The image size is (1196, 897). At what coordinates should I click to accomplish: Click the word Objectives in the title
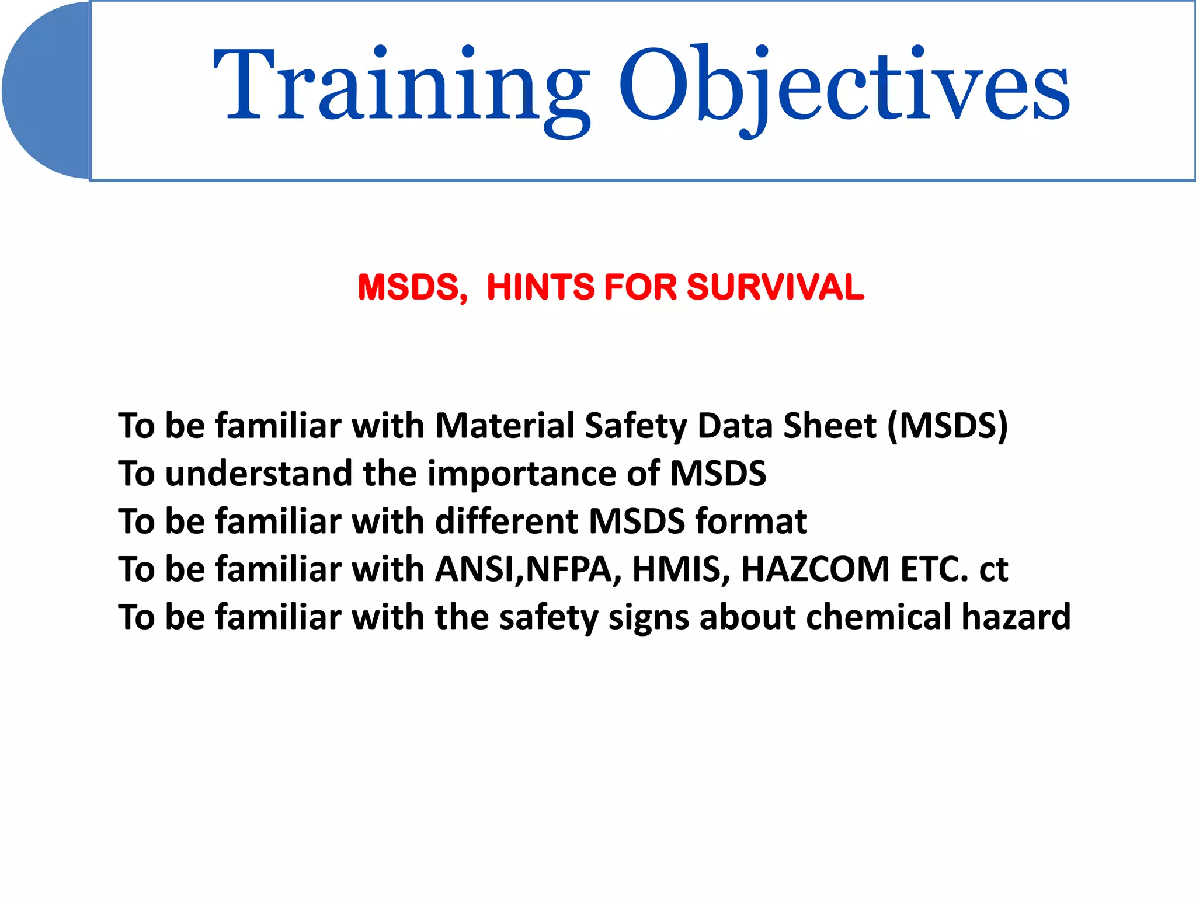tap(844, 88)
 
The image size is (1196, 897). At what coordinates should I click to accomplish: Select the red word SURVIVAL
tap(775, 287)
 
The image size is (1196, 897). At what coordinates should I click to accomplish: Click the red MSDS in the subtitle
tap(412, 287)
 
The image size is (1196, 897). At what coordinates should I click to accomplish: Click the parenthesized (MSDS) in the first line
tap(947, 426)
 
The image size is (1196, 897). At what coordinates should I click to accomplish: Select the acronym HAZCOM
tap(815, 569)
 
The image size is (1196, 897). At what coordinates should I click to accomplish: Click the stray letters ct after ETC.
tap(993, 570)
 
